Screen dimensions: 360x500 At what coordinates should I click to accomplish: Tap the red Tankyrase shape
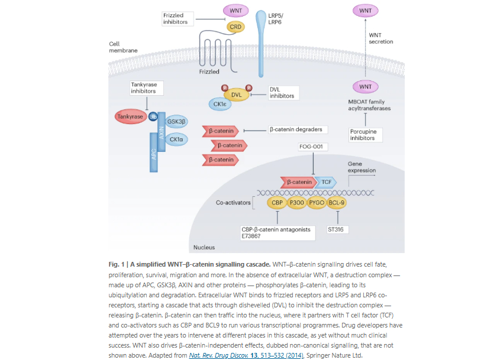130,117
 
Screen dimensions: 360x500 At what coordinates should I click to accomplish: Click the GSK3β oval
177,121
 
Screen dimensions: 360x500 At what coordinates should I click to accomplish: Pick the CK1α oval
176,140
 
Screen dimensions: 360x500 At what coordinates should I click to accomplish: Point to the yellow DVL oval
236,95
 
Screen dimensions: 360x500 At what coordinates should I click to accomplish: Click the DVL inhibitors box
281,93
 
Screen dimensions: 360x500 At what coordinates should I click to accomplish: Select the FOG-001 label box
313,146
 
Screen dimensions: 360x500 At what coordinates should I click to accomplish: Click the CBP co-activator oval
277,203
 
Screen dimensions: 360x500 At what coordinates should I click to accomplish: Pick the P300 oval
296,203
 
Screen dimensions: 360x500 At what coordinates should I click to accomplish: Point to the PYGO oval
317,203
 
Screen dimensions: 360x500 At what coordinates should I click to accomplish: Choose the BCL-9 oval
337,203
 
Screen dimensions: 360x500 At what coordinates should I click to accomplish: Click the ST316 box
336,229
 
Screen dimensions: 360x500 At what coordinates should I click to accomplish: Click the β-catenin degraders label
296,129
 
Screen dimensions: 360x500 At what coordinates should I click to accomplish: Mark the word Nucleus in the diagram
205,247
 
